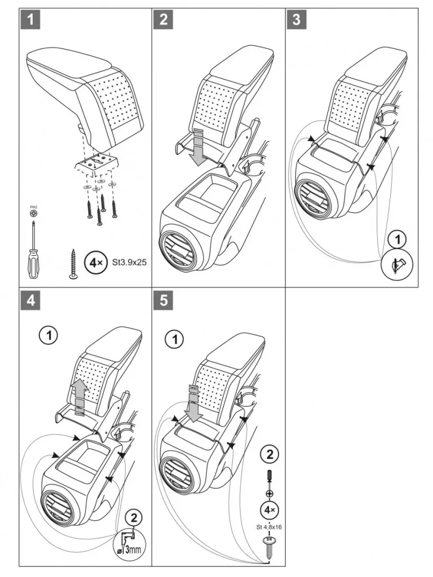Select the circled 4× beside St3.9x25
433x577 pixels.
tap(93, 263)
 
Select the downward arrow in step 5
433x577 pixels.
tap(193, 403)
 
